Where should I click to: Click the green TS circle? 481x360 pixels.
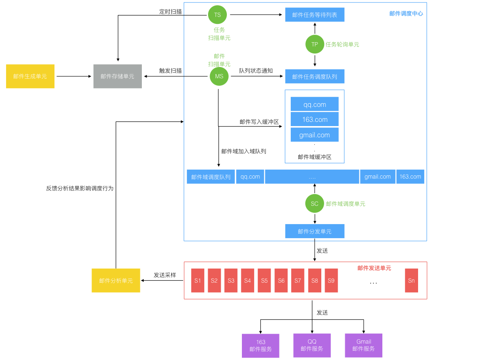(217, 15)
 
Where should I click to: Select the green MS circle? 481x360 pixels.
(219, 76)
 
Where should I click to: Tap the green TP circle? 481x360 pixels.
(315, 45)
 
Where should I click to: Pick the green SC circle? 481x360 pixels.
(315, 203)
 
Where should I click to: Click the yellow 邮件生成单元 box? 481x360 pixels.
(30, 76)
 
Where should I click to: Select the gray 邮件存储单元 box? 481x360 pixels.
(117, 76)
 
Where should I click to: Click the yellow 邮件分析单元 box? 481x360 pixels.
(116, 280)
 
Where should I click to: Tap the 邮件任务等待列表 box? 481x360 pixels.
(315, 15)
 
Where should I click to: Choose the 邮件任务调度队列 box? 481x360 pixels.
(315, 76)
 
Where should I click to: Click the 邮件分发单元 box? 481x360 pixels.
(315, 231)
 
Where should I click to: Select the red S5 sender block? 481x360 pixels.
(264, 280)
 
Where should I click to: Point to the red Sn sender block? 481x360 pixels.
(411, 280)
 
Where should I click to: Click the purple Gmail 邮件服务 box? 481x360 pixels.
(364, 345)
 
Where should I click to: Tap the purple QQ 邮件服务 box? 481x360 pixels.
(312, 345)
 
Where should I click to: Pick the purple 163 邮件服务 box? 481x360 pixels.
(261, 346)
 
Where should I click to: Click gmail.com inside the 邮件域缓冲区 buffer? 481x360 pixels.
(315, 135)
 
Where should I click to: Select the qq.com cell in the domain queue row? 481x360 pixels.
(250, 177)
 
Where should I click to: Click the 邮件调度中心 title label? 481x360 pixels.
(406, 14)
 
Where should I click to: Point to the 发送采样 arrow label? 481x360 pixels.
(165, 275)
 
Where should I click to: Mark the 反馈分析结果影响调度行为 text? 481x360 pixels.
(80, 188)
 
